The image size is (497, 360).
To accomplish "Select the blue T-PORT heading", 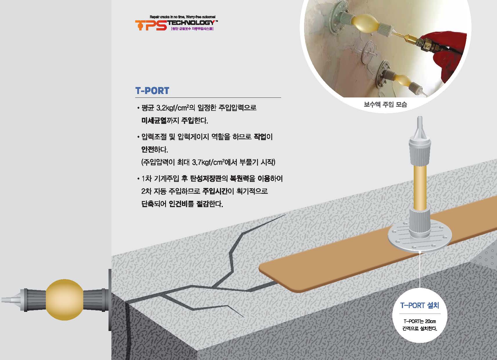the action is tap(152, 91).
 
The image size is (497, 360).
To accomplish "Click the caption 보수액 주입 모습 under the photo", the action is tap(385, 104).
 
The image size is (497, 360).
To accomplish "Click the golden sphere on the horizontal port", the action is tap(64, 300).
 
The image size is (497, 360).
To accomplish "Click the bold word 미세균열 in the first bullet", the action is tap(154, 121).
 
